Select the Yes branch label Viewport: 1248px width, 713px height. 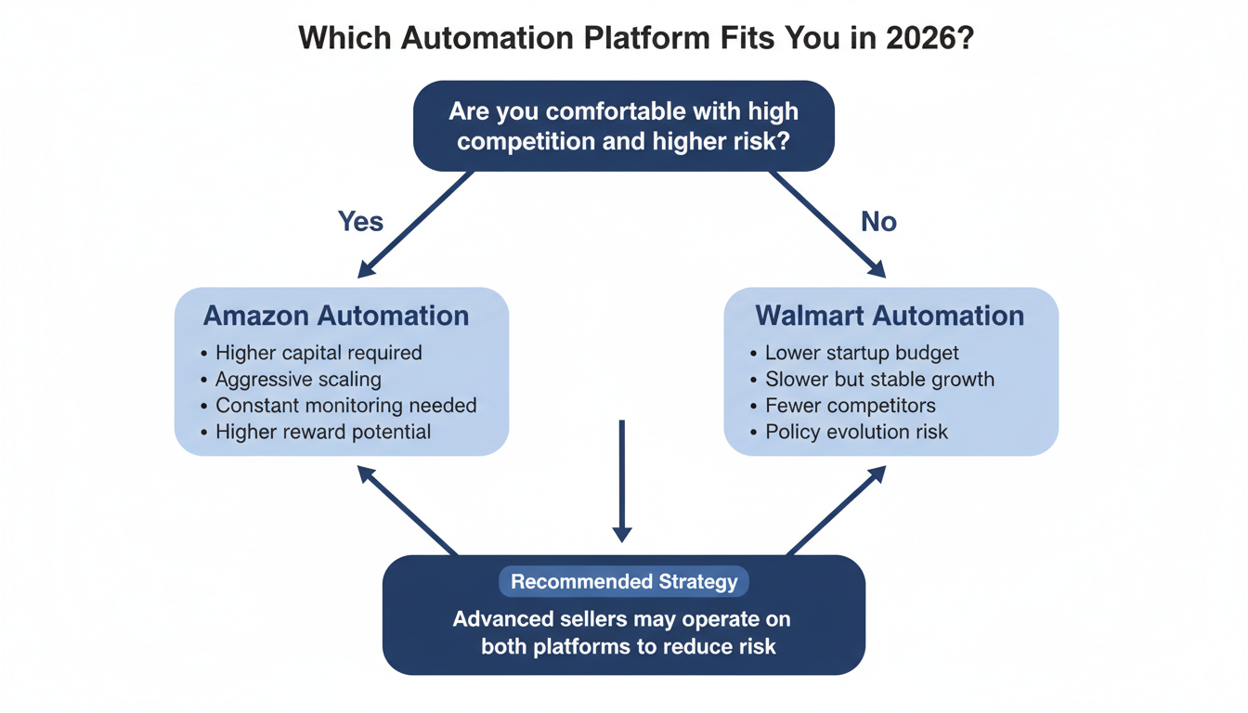[361, 221]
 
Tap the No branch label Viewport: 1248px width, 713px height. [878, 221]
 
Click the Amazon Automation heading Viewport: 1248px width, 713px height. [336, 316]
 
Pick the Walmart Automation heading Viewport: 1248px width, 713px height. [890, 316]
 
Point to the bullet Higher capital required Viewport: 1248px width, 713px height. [318, 353]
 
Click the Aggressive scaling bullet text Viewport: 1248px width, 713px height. [298, 379]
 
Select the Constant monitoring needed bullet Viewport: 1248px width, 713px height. [345, 406]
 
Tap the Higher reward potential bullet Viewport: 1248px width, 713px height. [323, 432]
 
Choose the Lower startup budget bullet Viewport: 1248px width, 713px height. [862, 353]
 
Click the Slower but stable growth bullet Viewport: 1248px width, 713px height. [879, 379]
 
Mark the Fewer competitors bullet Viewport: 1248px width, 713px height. [850, 406]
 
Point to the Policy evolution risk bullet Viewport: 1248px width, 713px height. [856, 432]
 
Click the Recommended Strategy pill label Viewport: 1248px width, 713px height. [624, 582]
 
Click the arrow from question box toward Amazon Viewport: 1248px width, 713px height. [416, 224]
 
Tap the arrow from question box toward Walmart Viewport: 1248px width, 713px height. [826, 224]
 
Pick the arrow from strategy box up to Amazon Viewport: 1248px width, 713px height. [409, 511]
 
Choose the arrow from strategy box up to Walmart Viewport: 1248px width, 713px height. [835, 511]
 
